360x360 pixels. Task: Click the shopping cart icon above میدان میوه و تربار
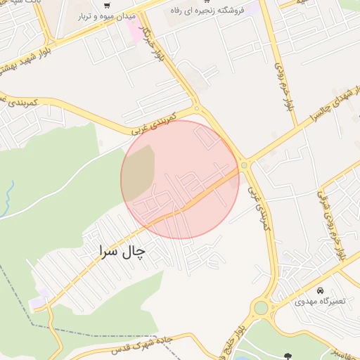point(106,6)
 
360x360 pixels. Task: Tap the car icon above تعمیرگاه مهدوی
point(320,290)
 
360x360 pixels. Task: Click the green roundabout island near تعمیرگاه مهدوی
point(262,307)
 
